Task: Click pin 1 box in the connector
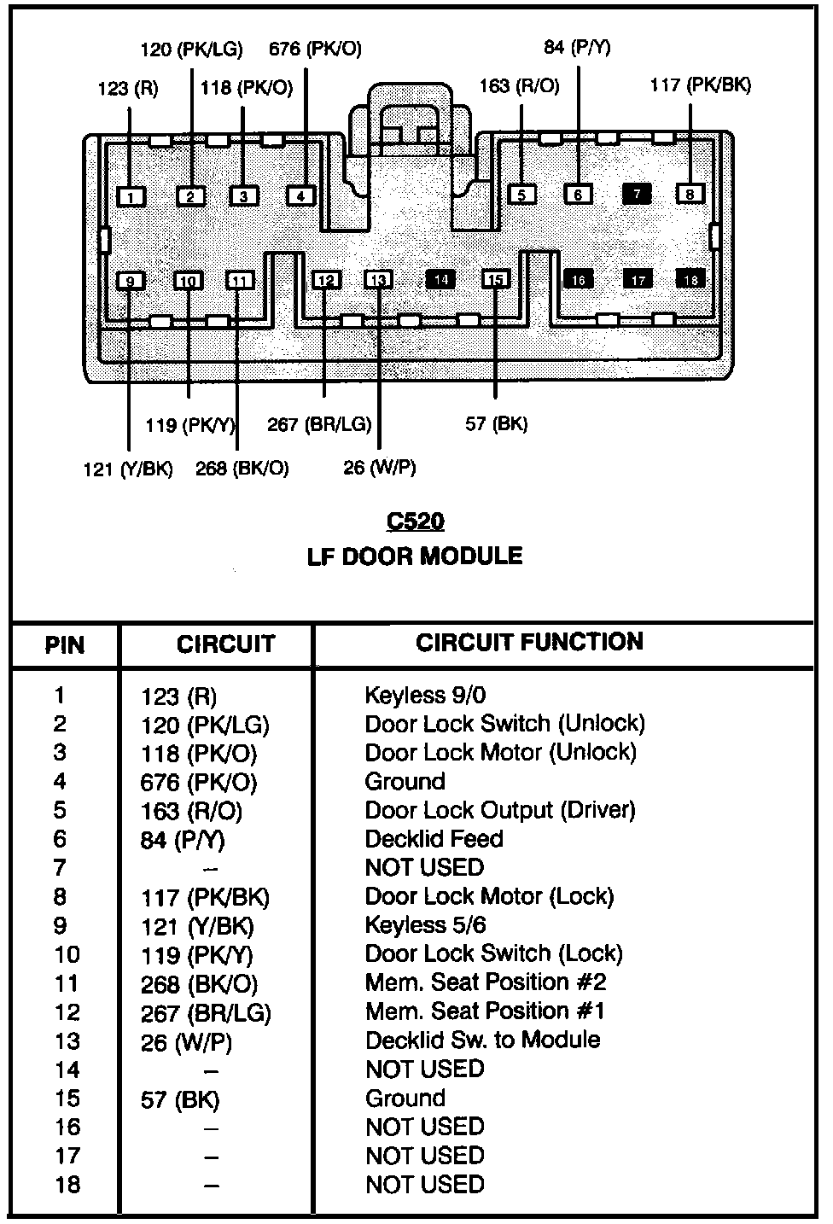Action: (131, 197)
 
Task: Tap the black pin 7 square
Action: (637, 194)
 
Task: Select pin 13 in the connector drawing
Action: (379, 280)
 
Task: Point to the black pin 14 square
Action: (440, 279)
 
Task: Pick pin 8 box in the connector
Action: (690, 194)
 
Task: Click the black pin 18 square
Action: (691, 279)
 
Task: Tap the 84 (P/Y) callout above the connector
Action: (577, 47)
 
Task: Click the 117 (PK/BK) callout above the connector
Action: (700, 85)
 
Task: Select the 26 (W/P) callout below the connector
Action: (379, 467)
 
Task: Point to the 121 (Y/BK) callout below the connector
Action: (128, 469)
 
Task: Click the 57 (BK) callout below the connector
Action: (496, 423)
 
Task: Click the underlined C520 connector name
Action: (416, 522)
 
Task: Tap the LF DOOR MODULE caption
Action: (415, 557)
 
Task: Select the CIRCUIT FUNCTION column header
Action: (529, 642)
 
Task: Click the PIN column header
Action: (65, 644)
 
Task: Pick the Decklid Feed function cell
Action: (434, 839)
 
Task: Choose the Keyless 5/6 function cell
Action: (425, 925)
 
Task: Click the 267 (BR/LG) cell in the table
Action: (206, 1013)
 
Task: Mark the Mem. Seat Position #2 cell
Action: (485, 982)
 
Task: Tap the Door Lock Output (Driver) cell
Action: (499, 810)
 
